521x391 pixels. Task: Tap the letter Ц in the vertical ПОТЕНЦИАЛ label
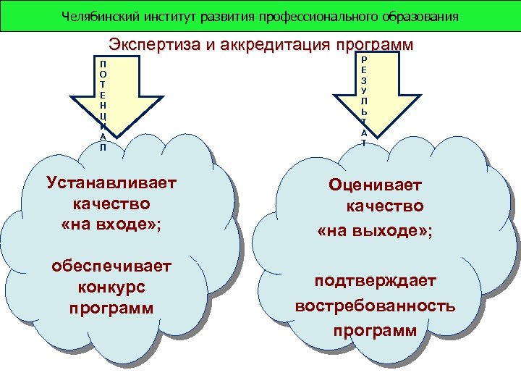[x=103, y=115]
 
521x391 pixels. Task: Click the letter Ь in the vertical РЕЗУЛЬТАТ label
[x=363, y=112]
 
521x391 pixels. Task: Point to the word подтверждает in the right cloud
[x=375, y=280]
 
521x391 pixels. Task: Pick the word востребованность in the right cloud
[x=375, y=305]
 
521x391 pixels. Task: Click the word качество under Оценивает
[x=384, y=207]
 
